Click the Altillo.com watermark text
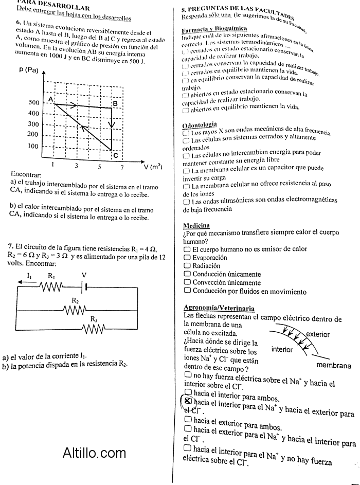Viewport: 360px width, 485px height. point(94,453)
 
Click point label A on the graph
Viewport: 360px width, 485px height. point(51,99)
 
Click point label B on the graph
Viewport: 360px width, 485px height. point(115,103)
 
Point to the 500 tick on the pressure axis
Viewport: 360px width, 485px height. point(33,103)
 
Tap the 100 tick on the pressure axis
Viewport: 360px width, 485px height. point(33,146)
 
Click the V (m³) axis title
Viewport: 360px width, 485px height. point(153,167)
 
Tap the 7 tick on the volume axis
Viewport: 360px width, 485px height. point(122,167)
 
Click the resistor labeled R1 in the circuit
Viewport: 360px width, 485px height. point(51,285)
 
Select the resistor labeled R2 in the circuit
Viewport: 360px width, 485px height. point(75,310)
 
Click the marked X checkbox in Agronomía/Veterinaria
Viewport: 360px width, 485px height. point(188,400)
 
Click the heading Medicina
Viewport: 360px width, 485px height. point(196,225)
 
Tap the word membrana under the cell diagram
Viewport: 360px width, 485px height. point(334,366)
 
